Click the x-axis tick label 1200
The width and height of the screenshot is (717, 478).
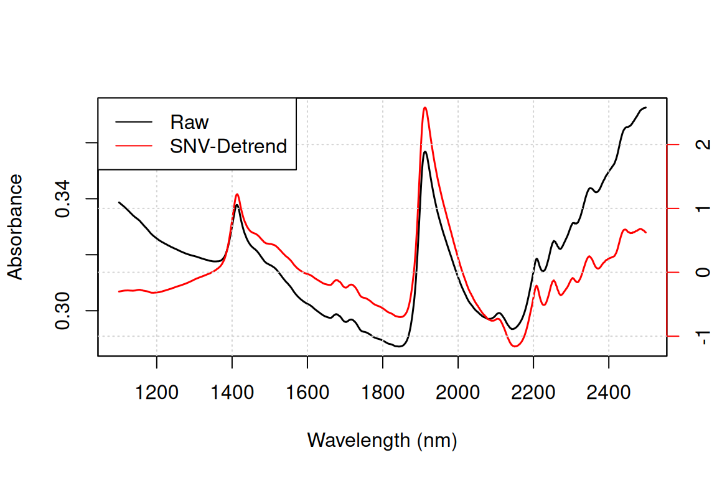(x=157, y=393)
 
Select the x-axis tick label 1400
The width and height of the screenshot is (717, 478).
(x=232, y=393)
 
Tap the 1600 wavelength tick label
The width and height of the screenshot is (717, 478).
(x=307, y=393)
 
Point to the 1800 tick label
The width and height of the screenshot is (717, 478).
(x=383, y=393)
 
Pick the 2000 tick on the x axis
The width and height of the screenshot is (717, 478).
(x=457, y=393)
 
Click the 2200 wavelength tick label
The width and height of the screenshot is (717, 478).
(x=533, y=393)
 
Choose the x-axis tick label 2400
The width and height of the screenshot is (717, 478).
(x=609, y=393)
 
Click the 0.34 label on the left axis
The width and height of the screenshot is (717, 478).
(x=62, y=199)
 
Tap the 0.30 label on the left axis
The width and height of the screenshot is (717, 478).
(x=62, y=311)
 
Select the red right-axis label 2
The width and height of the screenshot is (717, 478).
(x=703, y=144)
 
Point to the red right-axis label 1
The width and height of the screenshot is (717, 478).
(x=703, y=209)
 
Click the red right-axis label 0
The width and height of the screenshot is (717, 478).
(x=703, y=273)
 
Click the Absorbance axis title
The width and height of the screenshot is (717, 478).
(x=15, y=227)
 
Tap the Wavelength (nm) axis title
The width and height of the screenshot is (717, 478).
(x=382, y=441)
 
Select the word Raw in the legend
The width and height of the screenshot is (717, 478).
(x=189, y=122)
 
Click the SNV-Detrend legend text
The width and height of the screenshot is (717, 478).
(x=228, y=146)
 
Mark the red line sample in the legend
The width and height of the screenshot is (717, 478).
(x=134, y=146)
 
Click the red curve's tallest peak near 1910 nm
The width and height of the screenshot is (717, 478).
(x=425, y=108)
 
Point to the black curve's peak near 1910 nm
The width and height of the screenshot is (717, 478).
(x=425, y=152)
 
